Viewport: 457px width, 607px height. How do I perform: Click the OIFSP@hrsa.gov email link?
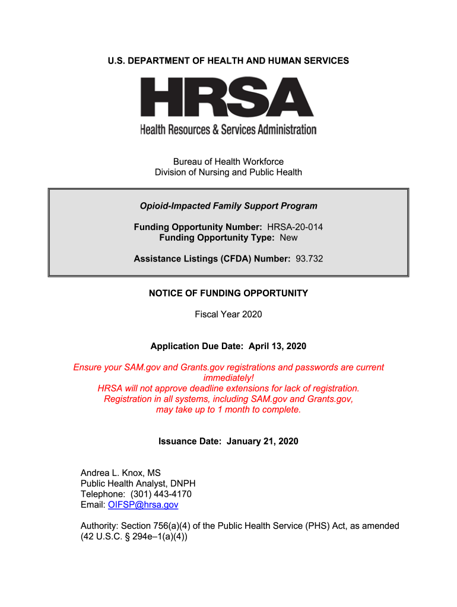[143, 505]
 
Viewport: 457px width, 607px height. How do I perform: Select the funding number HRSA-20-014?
[295, 227]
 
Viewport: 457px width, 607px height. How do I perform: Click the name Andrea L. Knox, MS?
[120, 473]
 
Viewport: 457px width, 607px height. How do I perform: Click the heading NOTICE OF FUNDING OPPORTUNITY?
[228, 293]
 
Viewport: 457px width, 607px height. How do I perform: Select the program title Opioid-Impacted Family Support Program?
[228, 206]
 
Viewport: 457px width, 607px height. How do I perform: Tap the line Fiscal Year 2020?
[228, 314]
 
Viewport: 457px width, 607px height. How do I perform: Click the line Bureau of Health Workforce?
[228, 162]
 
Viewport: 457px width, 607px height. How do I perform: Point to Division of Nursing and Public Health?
[228, 172]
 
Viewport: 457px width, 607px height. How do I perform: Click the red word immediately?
[228, 378]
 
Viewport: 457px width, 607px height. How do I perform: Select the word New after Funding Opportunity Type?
[288, 238]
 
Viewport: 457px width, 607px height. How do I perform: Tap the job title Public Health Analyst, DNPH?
[138, 484]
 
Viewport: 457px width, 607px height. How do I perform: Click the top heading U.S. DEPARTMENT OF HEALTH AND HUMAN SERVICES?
[228, 61]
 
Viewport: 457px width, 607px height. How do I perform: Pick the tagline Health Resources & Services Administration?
[228, 129]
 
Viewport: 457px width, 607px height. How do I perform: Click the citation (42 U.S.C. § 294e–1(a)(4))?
[134, 537]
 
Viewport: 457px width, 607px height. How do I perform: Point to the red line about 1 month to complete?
[228, 410]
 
